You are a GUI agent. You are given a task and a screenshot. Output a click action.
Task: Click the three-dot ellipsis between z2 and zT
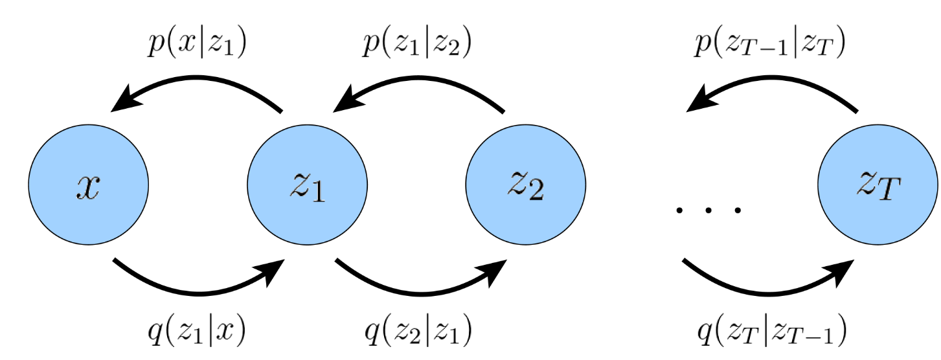[707, 210]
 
